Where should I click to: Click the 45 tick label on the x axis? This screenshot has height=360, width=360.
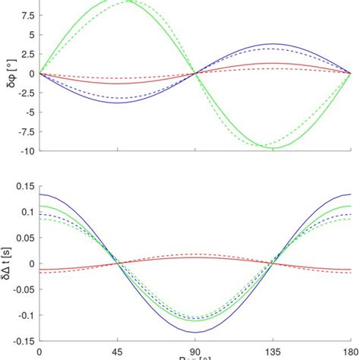click(x=117, y=352)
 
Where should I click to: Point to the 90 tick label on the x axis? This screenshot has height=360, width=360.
click(x=195, y=352)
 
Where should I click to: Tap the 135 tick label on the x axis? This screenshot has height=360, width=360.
click(x=273, y=352)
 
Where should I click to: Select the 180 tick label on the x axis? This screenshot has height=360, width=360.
click(x=350, y=352)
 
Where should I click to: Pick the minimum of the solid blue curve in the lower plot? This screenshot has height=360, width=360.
click(x=195, y=332)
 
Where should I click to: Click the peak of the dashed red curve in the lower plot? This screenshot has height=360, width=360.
click(x=195, y=254)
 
